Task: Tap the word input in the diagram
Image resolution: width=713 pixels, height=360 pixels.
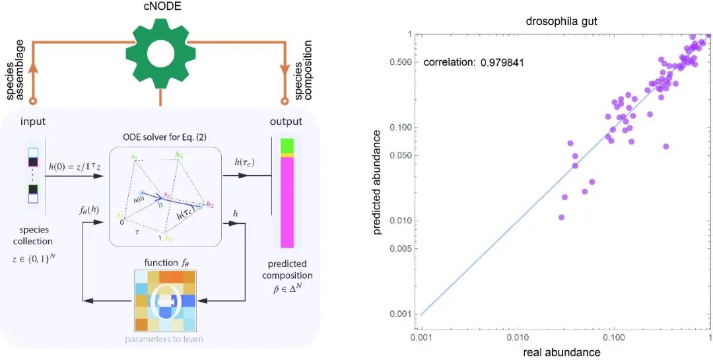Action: tap(34, 122)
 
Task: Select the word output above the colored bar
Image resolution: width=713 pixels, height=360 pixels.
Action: tap(286, 122)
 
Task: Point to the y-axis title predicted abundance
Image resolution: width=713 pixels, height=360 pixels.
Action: tap(378, 182)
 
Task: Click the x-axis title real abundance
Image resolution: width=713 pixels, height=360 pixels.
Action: tap(561, 352)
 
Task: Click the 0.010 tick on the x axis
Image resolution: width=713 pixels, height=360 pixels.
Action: tap(517, 336)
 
